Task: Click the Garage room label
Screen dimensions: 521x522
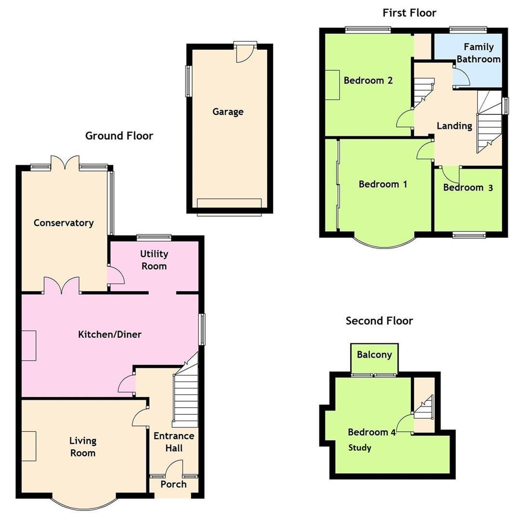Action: pos(228,112)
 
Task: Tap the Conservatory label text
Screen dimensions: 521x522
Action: pos(63,223)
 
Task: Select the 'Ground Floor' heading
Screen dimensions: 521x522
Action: pos(119,136)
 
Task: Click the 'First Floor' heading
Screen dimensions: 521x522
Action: pos(409,13)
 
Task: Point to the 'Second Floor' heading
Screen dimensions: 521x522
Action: pos(379,321)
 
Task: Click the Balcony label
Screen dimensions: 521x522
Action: pos(374,355)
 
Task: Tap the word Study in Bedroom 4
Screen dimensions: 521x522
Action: pos(360,448)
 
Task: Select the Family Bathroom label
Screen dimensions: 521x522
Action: pos(478,53)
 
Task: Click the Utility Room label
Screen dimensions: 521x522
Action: pos(154,260)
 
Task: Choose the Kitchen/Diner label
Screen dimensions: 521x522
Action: pos(110,334)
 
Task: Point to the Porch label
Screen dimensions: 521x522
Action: pos(174,484)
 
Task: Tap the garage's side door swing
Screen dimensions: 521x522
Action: pos(244,55)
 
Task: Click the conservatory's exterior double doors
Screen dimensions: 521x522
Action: pos(65,162)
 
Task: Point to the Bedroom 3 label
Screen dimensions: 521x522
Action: pos(468,188)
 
